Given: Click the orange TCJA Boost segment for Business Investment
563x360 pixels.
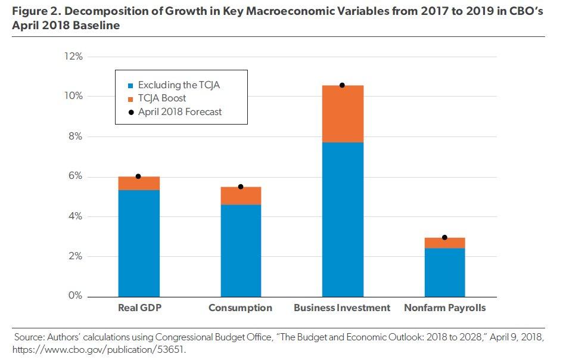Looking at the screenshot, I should pos(343,114).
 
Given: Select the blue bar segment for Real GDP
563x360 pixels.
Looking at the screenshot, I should pos(139,243).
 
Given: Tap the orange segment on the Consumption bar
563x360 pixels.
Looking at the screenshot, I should pos(241,196).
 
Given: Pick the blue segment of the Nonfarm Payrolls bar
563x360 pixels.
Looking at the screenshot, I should pos(444,272).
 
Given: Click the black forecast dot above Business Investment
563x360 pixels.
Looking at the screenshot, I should pos(343,85).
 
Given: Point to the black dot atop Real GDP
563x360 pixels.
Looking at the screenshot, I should pos(138,176).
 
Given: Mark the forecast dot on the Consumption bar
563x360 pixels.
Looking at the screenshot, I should pos(241,187).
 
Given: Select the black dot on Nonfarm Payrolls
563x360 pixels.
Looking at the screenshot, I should pos(444,238).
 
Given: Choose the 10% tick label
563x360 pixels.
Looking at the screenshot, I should pos(72,97).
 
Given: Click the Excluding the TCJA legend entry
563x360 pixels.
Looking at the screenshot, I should pos(179,85).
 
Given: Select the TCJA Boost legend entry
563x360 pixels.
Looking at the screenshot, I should pos(162,98).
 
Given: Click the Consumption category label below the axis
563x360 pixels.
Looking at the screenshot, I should pos(240,308).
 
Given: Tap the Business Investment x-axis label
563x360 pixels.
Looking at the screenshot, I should pos(342,308).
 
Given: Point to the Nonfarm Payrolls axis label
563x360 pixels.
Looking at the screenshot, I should pos(444,308).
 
